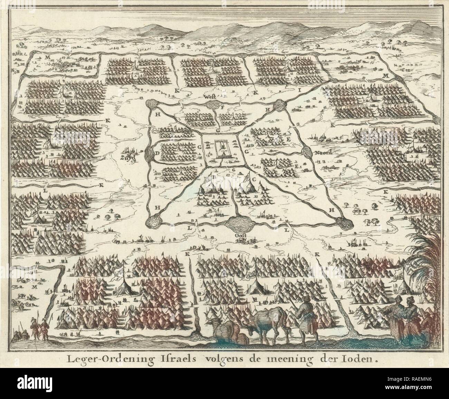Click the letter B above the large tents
coord(213,176)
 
